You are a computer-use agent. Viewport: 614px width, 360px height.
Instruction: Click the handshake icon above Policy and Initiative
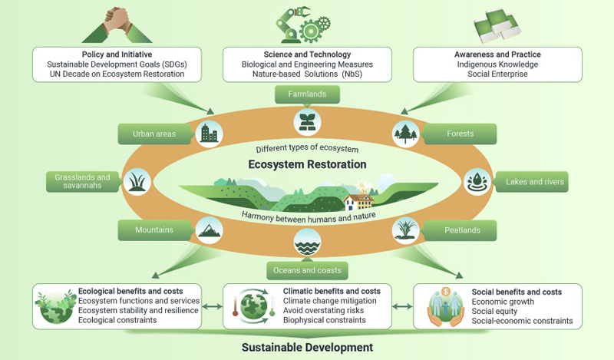pos(117,25)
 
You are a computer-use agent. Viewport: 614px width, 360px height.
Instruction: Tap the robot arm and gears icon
pos(303,25)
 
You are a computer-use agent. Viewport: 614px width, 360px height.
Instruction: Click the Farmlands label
pos(308,94)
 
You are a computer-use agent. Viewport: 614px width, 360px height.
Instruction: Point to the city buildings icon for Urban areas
pos(209,134)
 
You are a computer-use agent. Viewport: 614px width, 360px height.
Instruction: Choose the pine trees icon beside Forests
pos(406,134)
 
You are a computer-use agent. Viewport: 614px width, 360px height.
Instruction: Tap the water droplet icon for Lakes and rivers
pos(477,182)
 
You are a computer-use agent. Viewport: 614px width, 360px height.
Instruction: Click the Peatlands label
pos(462,230)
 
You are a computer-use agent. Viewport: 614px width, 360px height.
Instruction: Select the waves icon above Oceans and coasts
pos(308,242)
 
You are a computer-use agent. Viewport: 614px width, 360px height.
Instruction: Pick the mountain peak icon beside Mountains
pos(209,230)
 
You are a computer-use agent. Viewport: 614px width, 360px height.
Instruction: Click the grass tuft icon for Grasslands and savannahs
pos(137,182)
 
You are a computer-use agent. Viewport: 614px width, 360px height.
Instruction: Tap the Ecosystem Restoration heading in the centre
pos(308,164)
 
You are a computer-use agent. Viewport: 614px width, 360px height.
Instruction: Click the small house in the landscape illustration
pos(358,201)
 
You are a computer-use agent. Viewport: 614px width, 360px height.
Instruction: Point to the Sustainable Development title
pos(308,348)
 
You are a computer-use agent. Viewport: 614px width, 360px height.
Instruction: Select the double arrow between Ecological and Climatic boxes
pos(213,307)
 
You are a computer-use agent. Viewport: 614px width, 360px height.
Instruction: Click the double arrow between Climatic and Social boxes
pos(402,307)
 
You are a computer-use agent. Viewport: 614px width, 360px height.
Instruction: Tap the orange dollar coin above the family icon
pos(446,292)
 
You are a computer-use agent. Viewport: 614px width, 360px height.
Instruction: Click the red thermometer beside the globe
pos(236,306)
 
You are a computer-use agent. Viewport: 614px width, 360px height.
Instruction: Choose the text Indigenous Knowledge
pos(497,64)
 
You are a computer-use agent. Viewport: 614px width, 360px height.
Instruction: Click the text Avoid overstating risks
pos(323,311)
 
